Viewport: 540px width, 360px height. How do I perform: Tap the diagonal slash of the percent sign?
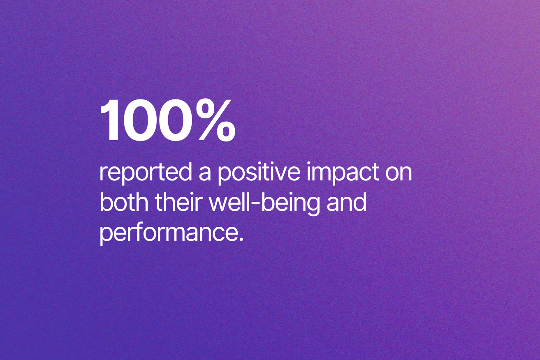pyautogui.click(x=216, y=120)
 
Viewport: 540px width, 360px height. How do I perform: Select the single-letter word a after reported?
pyautogui.click(x=205, y=175)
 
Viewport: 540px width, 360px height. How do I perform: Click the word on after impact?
pyautogui.click(x=399, y=175)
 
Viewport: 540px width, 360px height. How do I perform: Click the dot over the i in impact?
pyautogui.click(x=308, y=164)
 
